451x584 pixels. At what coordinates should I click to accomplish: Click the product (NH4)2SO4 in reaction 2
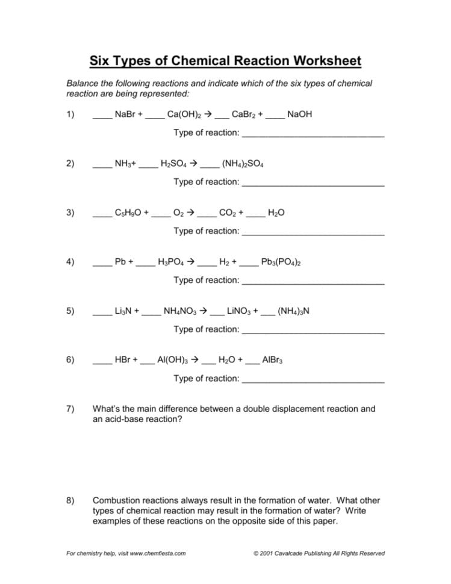point(242,163)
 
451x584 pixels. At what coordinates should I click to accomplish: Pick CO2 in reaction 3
point(228,213)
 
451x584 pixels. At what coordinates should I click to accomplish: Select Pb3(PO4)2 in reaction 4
point(281,262)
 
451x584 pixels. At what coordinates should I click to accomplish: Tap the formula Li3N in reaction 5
point(124,311)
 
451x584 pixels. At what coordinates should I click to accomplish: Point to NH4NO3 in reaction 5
point(180,311)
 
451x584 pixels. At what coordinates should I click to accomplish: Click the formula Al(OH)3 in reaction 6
point(173,360)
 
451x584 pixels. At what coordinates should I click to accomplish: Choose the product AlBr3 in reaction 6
point(273,360)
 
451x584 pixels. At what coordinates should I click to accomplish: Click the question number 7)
point(70,409)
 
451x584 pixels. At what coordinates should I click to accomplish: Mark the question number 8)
point(70,501)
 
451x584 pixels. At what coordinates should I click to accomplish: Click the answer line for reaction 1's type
point(313,137)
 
